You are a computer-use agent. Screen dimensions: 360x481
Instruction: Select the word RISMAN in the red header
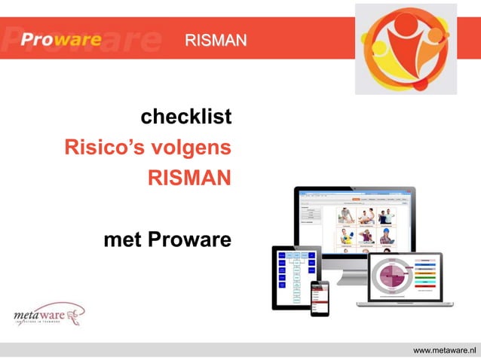pos(215,40)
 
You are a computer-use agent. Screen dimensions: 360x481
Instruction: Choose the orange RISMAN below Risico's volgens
pos(188,178)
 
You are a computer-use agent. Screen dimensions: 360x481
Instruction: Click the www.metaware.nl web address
pos(446,350)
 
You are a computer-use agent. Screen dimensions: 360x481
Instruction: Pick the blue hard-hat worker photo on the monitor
pos(346,239)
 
